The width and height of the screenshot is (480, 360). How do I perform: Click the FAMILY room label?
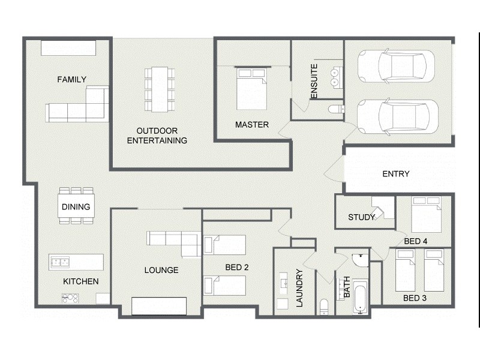pos(71,79)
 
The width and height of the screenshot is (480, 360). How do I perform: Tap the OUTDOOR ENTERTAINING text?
pos(161,136)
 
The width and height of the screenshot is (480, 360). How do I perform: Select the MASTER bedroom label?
pos(251,125)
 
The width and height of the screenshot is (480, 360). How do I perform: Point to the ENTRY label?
pos(395,174)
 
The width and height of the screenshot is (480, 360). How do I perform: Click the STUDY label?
pos(361,217)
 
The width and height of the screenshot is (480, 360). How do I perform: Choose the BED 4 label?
pos(415,241)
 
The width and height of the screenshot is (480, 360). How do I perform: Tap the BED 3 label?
pos(415,298)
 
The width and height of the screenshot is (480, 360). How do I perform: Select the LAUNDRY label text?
pos(299,288)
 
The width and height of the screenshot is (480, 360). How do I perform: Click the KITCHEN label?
pos(81,281)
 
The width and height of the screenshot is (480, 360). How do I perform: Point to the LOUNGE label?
pos(161,270)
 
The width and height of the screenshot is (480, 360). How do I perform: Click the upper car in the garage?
pos(396,65)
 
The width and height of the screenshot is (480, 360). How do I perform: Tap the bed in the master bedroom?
pos(251,89)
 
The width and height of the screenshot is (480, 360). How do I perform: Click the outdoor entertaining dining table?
pos(160,89)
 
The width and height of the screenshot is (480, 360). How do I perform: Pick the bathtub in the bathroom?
pos(359,296)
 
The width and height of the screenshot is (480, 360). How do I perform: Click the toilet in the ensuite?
pos(336,109)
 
